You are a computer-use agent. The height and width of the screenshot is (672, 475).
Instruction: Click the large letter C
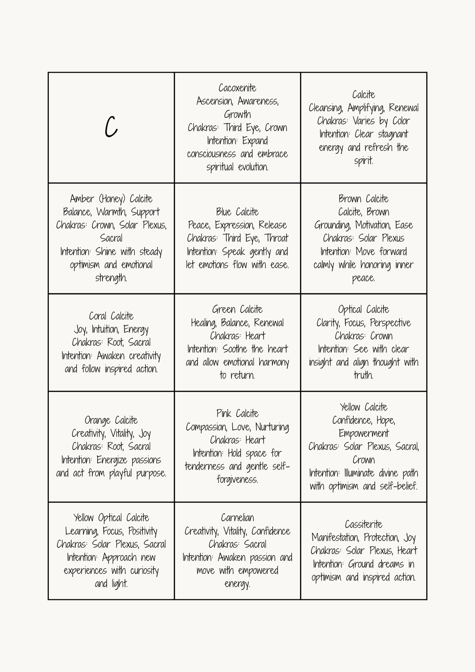point(111,127)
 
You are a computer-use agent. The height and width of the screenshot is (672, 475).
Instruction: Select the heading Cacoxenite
point(237,88)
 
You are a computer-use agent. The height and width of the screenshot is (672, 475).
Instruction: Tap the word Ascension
point(215,101)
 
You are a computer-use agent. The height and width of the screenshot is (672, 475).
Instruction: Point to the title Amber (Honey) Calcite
point(111,198)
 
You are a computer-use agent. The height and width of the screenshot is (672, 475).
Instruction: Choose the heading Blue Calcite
point(237,211)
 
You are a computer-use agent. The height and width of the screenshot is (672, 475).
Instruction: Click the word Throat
point(276,238)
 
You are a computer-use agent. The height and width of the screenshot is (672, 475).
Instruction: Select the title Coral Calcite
point(111,316)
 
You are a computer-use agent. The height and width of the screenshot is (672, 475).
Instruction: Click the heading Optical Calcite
point(364,310)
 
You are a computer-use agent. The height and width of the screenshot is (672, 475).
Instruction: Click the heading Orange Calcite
point(111,420)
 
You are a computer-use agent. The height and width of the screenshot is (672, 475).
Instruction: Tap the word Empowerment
point(364,433)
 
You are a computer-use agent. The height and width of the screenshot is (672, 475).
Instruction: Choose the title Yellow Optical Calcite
point(111,518)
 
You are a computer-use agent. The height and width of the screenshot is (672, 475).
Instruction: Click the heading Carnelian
point(237,518)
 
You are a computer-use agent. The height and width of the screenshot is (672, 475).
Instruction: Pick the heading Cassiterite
point(364,524)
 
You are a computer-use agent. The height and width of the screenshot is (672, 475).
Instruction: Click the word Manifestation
point(335,538)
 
